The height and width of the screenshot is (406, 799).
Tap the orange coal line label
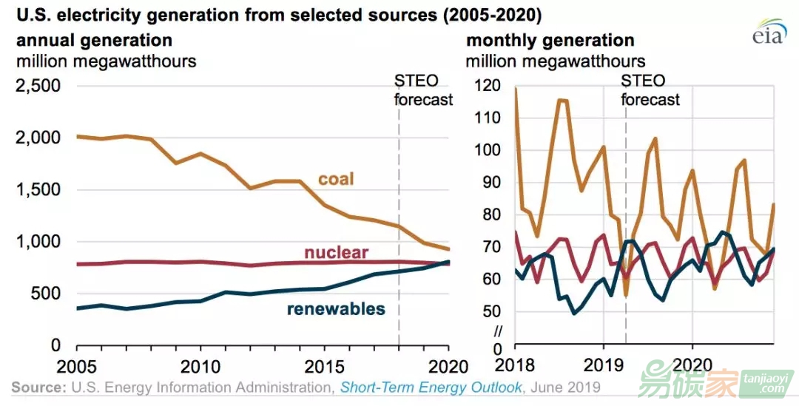click(336, 179)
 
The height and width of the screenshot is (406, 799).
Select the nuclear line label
click(336, 253)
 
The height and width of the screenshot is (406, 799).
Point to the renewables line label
click(337, 308)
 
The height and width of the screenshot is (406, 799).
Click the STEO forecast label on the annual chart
click(422, 89)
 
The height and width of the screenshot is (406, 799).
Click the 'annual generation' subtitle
click(94, 40)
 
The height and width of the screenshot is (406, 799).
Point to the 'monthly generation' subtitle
click(550, 40)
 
